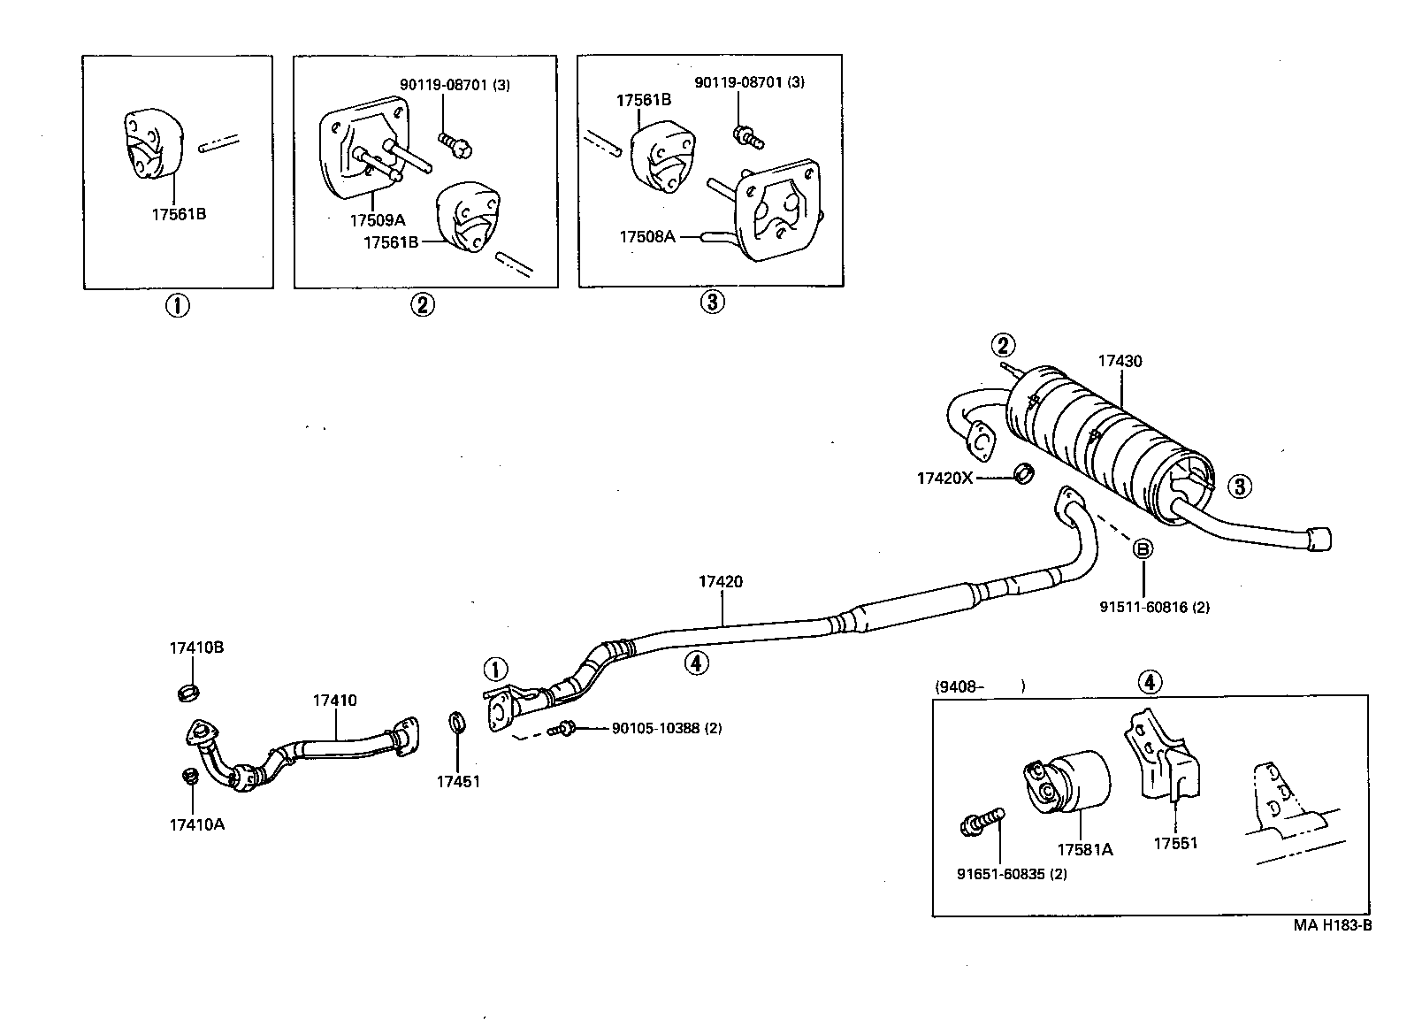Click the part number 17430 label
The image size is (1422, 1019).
[1120, 361]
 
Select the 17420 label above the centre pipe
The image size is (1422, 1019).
[720, 581]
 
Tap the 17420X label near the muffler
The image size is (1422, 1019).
[944, 478]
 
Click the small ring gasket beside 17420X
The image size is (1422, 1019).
[1024, 474]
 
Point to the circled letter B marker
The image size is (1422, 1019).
[1143, 548]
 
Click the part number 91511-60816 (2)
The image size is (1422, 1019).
[1154, 607]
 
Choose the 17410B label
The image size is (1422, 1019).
[196, 647]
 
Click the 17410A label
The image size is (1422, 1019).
[196, 824]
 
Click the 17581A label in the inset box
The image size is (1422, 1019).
[1084, 850]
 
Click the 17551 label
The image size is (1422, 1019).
[1174, 843]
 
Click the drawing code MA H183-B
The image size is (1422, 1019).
[1332, 925]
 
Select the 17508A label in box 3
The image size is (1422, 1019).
[646, 236]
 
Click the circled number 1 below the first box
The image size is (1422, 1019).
[177, 306]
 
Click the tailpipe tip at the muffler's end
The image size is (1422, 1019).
[1319, 538]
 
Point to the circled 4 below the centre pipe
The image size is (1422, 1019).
[697, 662]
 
